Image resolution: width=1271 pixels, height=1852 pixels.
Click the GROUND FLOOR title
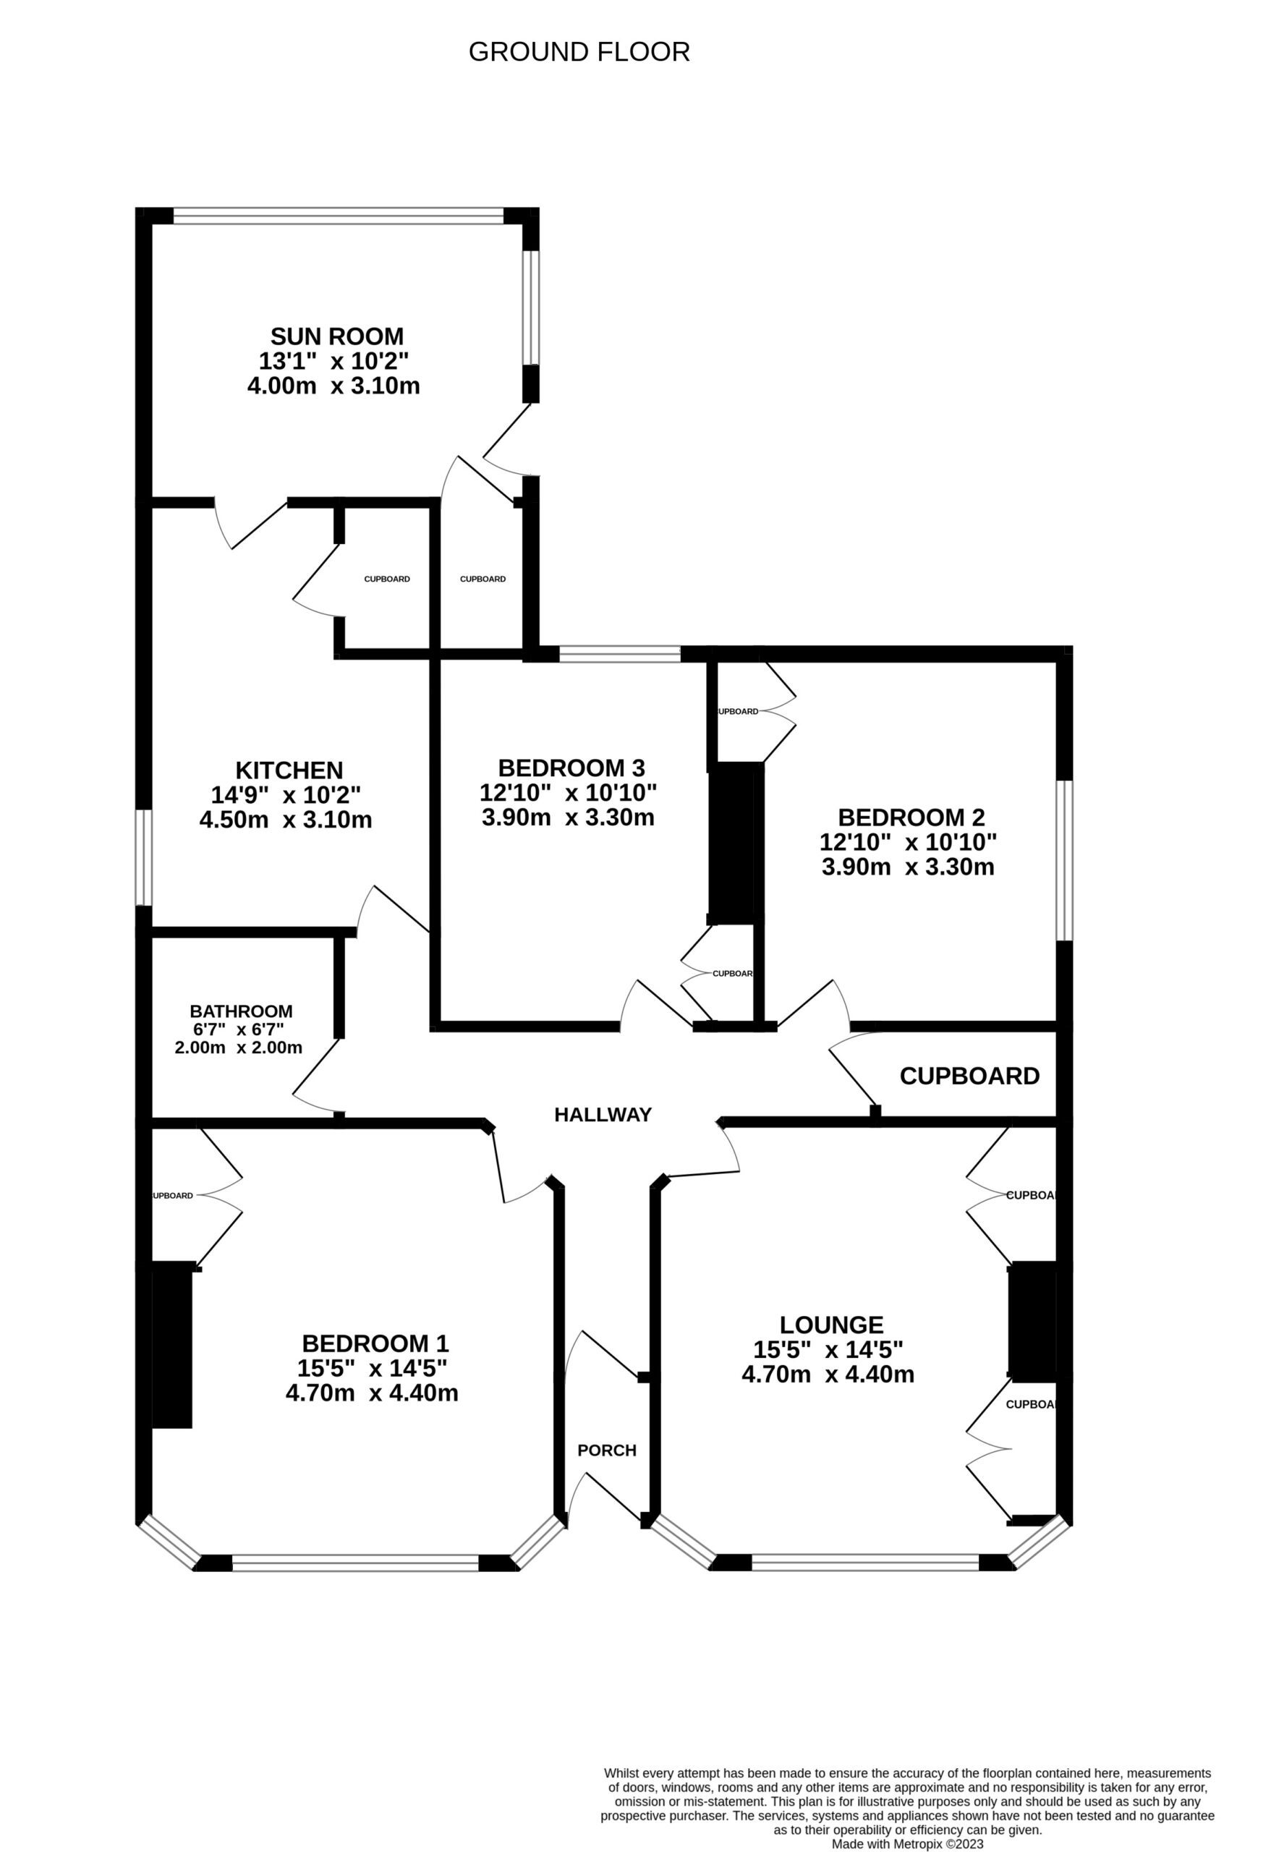579,52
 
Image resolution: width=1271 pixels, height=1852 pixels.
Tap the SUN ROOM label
337,336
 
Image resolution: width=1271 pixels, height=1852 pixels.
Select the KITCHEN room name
289,770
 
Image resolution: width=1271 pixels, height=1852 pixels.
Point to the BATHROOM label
242,1011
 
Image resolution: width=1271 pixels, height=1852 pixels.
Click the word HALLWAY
603,1115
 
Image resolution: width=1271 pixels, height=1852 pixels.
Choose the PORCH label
607,1450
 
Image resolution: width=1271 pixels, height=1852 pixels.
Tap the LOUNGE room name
831,1325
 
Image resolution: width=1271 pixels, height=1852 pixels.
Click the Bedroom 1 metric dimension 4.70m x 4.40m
372,1393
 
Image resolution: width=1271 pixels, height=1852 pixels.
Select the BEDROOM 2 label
911,817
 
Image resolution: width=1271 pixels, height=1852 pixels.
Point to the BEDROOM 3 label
571,768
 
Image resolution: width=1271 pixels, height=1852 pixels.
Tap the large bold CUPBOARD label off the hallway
970,1076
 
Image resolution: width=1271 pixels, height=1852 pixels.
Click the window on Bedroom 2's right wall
1065,861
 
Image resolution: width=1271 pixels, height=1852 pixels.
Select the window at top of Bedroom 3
620,654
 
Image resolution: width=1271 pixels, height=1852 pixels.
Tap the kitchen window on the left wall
143,857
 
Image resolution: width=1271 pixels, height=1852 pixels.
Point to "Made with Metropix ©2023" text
908,1844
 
